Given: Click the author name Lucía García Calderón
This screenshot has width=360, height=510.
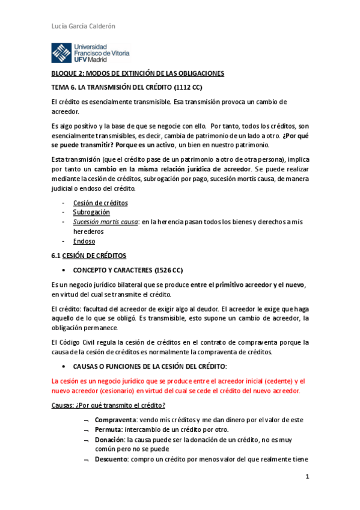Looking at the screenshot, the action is point(81,26).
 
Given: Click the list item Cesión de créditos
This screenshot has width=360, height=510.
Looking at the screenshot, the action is point(100,203).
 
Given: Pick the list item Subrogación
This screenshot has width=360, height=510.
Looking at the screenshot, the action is point(91,212).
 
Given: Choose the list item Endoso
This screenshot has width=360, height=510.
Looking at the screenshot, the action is point(84,241).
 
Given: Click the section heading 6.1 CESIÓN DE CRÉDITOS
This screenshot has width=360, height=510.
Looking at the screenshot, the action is point(88,256).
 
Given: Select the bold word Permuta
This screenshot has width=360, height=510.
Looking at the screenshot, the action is point(110,431).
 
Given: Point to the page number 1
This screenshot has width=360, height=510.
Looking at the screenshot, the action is point(307,477).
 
